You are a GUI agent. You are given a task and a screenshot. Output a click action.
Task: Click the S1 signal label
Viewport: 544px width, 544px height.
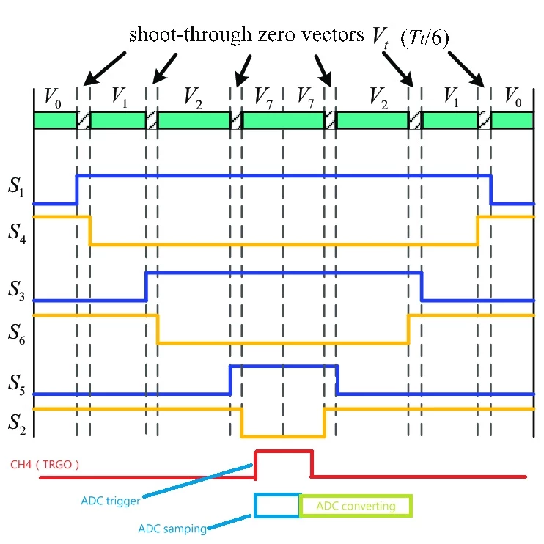[16, 187]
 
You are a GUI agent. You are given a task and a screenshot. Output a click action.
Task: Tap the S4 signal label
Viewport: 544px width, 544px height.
[17, 234]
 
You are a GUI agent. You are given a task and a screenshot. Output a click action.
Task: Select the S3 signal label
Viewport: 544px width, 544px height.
[16, 290]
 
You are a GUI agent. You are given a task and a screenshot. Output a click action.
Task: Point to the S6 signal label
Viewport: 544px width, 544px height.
[17, 334]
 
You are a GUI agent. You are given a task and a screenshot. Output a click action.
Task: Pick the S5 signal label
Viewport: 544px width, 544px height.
[17, 385]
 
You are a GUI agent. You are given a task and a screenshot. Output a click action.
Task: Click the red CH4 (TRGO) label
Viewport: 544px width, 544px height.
[45, 465]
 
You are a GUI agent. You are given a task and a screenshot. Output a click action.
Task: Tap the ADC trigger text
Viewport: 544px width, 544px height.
[110, 501]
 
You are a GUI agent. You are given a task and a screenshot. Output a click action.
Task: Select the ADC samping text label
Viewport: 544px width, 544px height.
[172, 529]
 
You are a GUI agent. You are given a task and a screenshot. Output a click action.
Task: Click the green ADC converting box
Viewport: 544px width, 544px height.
[356, 506]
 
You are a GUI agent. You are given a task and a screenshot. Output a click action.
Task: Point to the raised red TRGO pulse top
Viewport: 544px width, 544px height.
[284, 452]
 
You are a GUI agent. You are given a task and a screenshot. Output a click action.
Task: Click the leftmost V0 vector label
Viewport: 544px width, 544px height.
[53, 98]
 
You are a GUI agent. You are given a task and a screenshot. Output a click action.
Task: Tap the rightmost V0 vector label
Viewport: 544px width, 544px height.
[513, 97]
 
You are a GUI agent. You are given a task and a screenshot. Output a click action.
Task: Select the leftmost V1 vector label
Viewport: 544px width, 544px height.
[120, 97]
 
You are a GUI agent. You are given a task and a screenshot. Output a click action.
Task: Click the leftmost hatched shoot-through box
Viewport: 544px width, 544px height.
[84, 120]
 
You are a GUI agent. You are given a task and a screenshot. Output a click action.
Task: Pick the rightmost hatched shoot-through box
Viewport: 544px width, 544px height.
[485, 120]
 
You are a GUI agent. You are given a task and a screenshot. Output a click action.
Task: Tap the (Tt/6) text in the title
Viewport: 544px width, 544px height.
[424, 37]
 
